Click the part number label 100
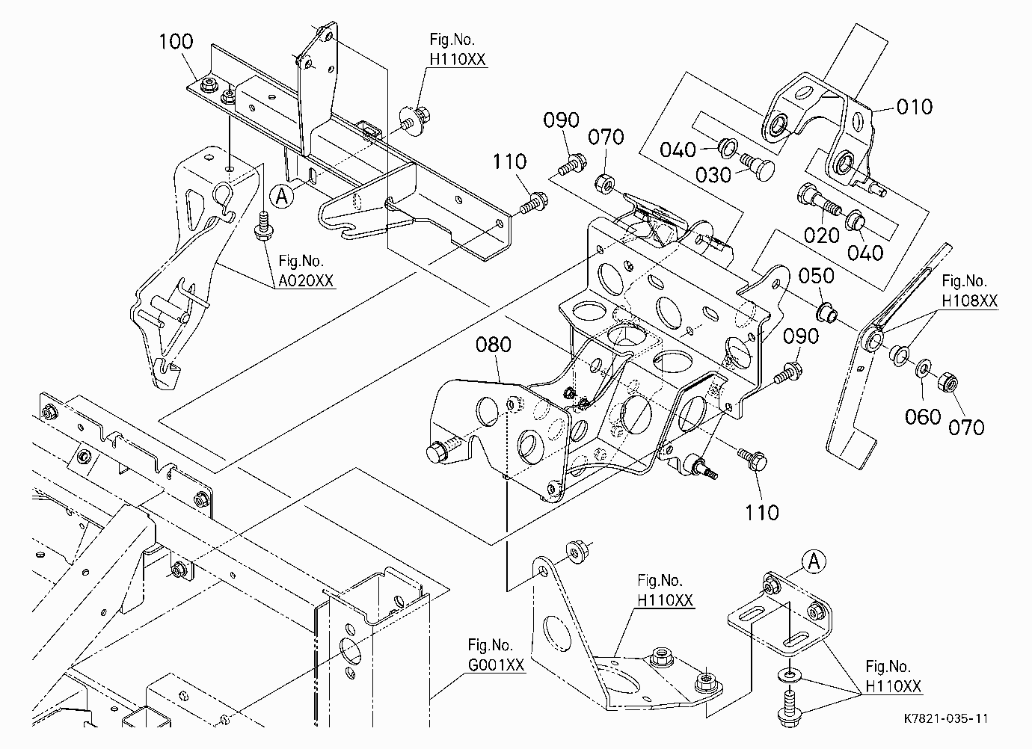pyautogui.click(x=176, y=42)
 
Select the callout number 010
pyautogui.click(x=915, y=107)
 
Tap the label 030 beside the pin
pyautogui.click(x=713, y=175)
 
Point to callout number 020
pyautogui.click(x=822, y=236)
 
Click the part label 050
pyautogui.click(x=817, y=276)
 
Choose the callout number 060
pyautogui.click(x=923, y=417)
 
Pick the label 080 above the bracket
pyautogui.click(x=494, y=345)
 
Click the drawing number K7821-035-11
pyautogui.click(x=946, y=718)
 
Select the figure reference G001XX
pyautogui.click(x=497, y=665)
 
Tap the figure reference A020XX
pyautogui.click(x=305, y=280)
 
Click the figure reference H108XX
pyautogui.click(x=969, y=300)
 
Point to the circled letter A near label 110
pyautogui.click(x=281, y=197)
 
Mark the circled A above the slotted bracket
pyautogui.click(x=814, y=561)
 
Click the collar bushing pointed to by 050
pyautogui.click(x=827, y=313)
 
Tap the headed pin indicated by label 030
pyautogui.click(x=757, y=166)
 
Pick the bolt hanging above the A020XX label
pyautogui.click(x=263, y=226)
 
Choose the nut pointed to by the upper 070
pyautogui.click(x=604, y=184)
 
